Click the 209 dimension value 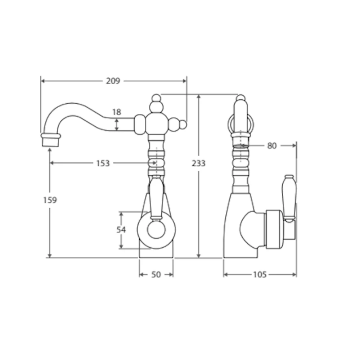coord(113,81)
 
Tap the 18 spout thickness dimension coord(116,112)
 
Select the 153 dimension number coord(103,163)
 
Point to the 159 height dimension coord(50,200)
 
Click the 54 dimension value coord(121,230)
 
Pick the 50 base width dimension coord(156,275)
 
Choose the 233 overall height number coord(198,163)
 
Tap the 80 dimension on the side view coord(272,145)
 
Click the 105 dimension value coord(260,275)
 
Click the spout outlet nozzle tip coord(50,140)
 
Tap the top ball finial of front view coord(156,98)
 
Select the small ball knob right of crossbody coord(183,125)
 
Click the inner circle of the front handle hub coord(156,231)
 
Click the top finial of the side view coord(241,98)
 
